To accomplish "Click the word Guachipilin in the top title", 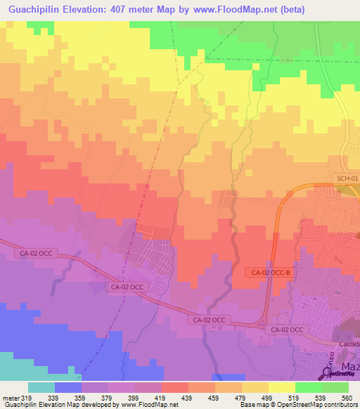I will [33, 10].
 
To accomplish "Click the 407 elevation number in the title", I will [123, 10].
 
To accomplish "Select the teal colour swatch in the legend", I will [41, 387].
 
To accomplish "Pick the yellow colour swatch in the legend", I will [281, 387].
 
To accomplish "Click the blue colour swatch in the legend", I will [67, 387].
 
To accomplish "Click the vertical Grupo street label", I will [328, 358].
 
